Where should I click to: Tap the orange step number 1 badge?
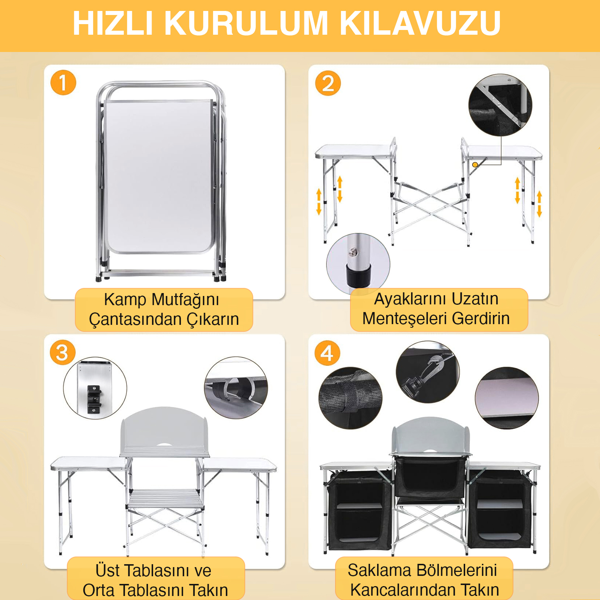tap(63, 83)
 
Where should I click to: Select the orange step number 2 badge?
tap(328, 83)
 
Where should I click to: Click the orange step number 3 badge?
tap(62, 353)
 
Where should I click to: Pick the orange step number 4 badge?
tap(327, 353)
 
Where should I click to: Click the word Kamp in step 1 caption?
tap(125, 300)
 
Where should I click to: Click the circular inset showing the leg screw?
tap(358, 263)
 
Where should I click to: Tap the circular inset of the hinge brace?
tap(500, 105)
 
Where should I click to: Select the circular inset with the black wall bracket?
tap(95, 388)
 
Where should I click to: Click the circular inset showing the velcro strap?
tap(350, 398)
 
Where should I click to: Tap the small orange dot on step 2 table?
tap(475, 165)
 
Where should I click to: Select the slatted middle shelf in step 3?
tap(165, 499)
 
